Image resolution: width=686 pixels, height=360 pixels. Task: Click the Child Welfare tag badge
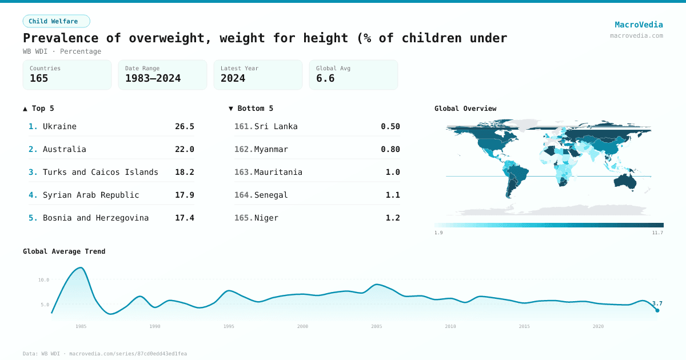pos(56,21)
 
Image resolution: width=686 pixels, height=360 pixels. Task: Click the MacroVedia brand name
pos(639,25)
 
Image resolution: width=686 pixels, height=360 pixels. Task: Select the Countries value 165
pos(39,78)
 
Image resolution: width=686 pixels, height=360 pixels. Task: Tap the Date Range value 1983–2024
pos(153,78)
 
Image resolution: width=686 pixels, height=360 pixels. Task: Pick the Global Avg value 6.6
pos(325,78)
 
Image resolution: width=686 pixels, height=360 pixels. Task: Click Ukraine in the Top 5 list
pos(59,126)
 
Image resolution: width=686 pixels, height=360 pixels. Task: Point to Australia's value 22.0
pos(184,149)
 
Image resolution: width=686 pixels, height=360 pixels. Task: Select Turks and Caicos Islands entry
pos(100,172)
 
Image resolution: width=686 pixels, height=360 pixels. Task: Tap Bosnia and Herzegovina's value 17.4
pos(184,218)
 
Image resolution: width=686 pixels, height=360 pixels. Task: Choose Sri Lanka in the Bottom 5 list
pos(276,126)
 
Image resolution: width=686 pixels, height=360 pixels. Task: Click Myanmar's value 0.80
pos(390,149)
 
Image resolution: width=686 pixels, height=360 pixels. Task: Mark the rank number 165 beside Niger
pos(243,218)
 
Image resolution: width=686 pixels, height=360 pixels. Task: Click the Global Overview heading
pos(465,109)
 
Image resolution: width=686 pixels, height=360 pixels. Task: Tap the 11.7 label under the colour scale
pos(657,233)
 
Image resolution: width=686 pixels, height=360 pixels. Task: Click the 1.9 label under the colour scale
pos(438,233)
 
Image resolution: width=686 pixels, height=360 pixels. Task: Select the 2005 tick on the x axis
pos(376,326)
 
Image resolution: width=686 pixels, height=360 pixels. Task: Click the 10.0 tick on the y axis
pos(43,280)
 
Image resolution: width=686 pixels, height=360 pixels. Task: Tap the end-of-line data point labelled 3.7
pos(657,310)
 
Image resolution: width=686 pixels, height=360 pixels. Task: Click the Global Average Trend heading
pos(64,251)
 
